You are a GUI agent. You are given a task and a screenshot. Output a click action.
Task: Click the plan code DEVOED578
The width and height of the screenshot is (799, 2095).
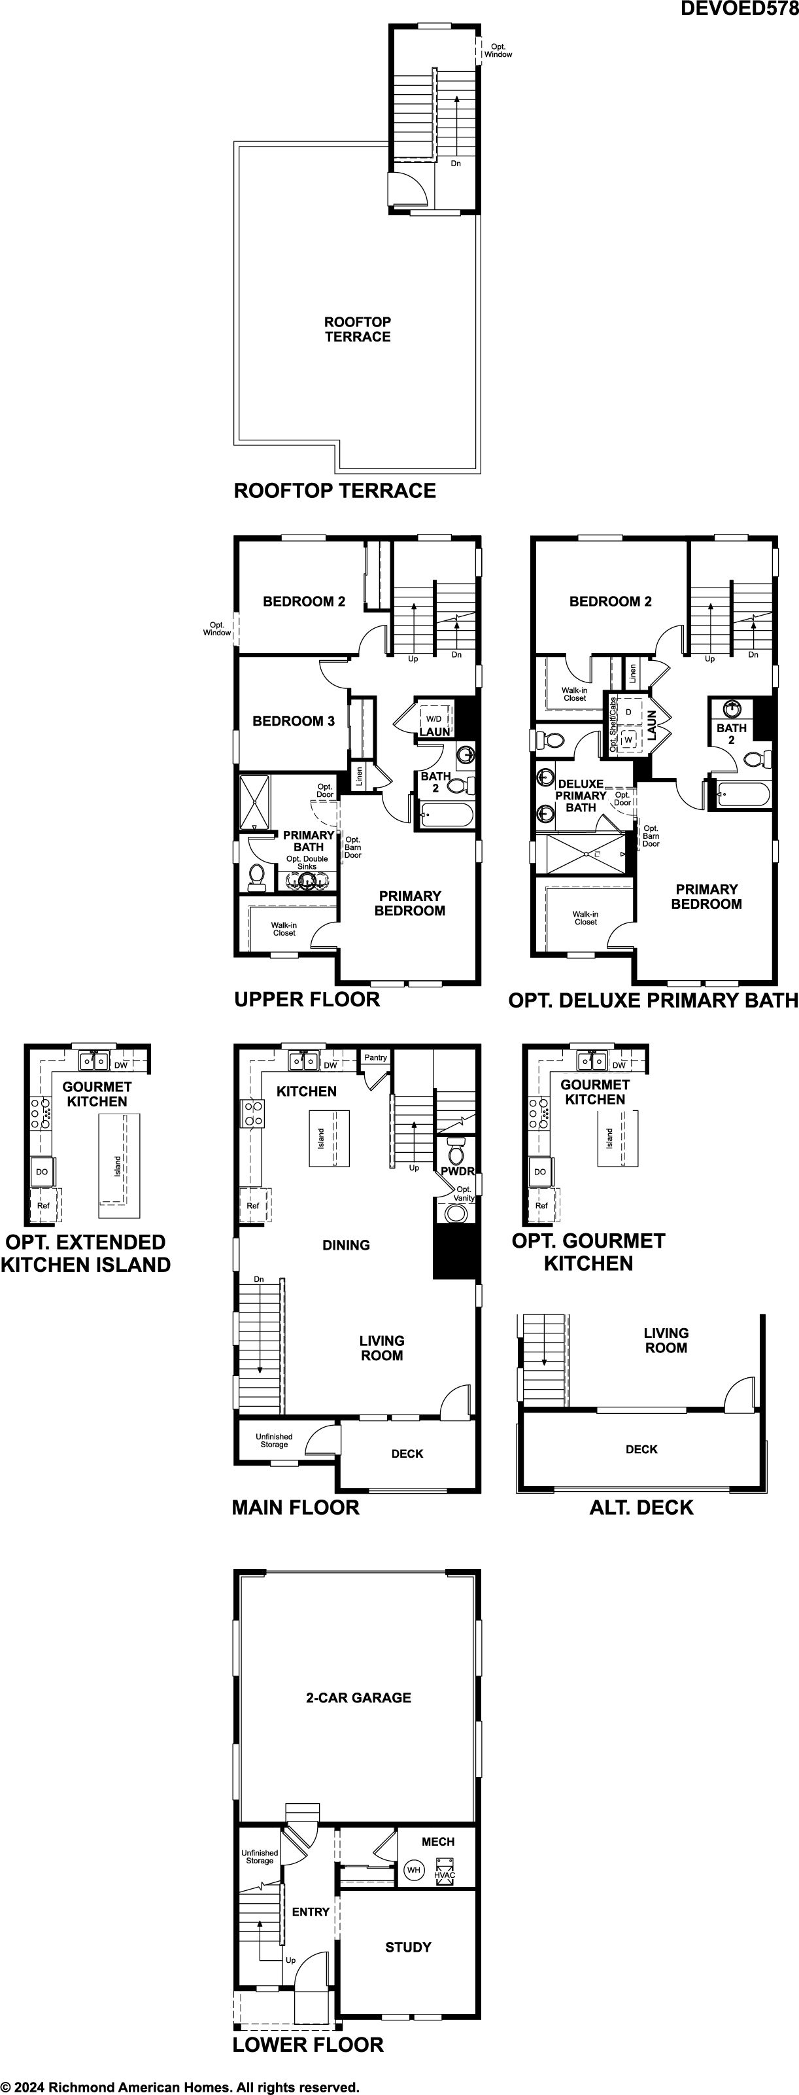[739, 9]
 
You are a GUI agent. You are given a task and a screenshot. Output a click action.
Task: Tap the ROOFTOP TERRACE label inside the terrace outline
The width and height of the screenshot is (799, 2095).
[358, 329]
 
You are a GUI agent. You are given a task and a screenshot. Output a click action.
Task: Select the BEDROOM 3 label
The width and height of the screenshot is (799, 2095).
[294, 720]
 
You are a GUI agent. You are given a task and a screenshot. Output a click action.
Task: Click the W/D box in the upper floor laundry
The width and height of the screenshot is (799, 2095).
[434, 718]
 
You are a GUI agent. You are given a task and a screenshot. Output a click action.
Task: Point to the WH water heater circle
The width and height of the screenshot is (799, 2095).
[414, 1870]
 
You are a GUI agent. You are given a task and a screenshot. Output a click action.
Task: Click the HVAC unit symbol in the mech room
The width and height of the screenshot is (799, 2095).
[445, 1871]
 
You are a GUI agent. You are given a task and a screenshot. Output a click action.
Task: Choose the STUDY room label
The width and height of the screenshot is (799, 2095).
[408, 1947]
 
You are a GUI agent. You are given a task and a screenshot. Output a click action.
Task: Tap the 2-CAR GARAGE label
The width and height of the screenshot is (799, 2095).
[358, 1697]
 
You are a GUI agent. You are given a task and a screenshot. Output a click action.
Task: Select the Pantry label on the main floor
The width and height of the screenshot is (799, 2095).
[375, 1057]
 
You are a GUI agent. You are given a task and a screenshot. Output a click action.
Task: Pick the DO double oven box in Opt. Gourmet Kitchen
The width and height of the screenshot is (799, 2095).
[539, 1172]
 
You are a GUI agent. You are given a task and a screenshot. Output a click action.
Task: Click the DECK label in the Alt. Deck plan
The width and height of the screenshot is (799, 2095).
[641, 1449]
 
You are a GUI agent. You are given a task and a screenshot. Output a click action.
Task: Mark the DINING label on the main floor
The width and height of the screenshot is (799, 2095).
[347, 1245]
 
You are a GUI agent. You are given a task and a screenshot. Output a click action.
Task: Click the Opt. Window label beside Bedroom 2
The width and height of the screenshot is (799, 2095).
[217, 629]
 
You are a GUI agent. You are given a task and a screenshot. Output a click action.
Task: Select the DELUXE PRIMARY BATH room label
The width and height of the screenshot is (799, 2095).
[581, 796]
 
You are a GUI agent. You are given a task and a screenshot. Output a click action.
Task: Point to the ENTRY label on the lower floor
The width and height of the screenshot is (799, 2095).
[311, 1912]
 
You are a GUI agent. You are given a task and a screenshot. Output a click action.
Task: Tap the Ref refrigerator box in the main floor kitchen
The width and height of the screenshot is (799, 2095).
[254, 1205]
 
